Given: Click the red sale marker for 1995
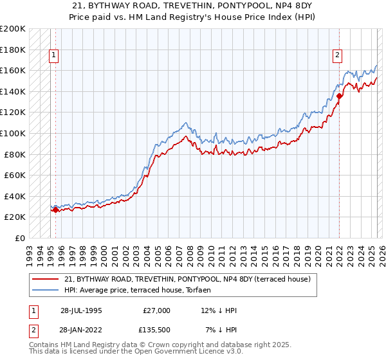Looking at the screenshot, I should tap(55, 210).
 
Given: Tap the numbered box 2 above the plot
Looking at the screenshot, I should tap(336, 56).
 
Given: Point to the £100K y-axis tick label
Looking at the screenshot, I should tap(14, 133).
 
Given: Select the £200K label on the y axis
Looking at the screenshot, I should tap(14, 29).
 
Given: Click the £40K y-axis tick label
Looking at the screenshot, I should tap(15, 196).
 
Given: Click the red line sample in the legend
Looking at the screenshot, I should tap(46, 279).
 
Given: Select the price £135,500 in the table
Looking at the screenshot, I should tap(156, 330).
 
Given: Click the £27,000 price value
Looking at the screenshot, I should tap(156, 310).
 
